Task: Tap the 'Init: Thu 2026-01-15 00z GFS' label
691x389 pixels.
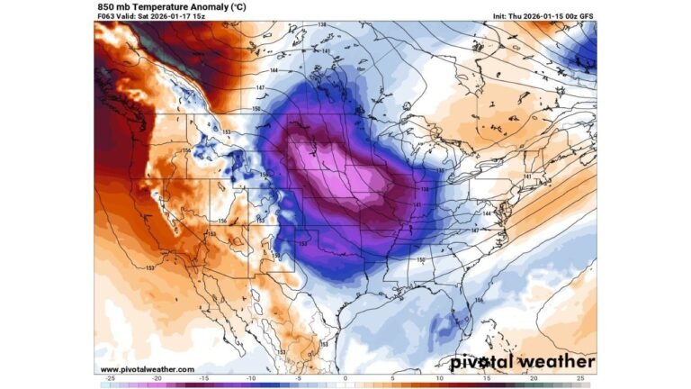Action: point(543,16)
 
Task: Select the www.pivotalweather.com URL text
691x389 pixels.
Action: point(147,369)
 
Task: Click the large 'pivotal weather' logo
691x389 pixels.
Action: point(522,362)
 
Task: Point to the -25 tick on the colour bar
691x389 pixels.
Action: point(109,379)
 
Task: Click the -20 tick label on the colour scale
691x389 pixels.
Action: point(156,379)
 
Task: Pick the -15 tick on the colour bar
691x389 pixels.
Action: point(203,379)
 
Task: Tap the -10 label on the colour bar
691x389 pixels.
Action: point(251,379)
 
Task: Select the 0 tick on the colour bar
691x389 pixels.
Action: point(345,379)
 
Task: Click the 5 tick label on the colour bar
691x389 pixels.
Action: point(393,379)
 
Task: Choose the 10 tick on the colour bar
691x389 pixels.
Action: point(440,379)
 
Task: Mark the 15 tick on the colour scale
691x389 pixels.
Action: point(488,379)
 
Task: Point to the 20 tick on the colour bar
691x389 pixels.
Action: point(534,379)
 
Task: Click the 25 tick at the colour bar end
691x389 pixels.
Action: point(581,379)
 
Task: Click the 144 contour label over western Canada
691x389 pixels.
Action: point(274,69)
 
